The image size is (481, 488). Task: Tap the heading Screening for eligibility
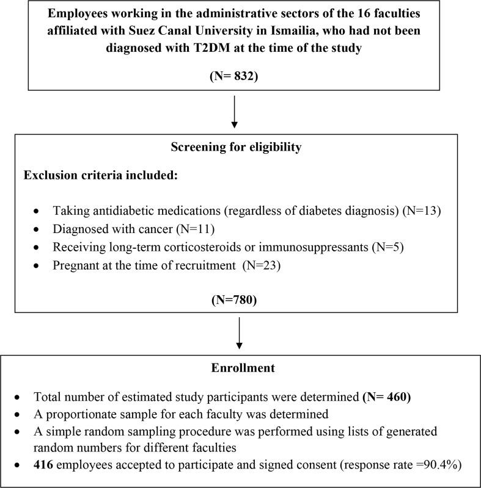(235, 148)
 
